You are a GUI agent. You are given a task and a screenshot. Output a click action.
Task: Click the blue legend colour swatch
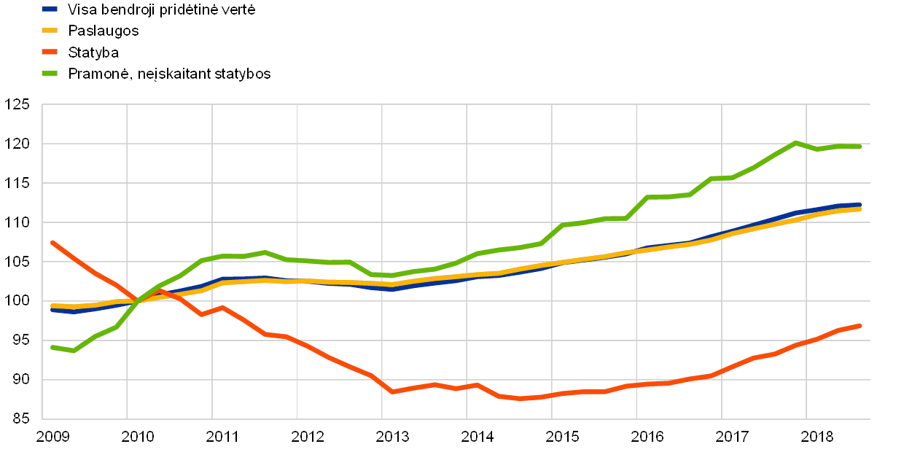[50, 9]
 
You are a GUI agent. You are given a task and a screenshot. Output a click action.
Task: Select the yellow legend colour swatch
[50, 31]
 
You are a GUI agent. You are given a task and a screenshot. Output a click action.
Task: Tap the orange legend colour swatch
[50, 52]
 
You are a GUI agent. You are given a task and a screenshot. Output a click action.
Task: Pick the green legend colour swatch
[50, 73]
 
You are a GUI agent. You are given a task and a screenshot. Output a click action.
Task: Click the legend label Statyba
[94, 52]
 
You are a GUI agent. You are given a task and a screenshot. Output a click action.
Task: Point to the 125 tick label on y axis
[17, 104]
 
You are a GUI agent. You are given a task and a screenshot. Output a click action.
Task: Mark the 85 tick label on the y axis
[20, 418]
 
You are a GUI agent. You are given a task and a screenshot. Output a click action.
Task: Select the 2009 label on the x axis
[52, 436]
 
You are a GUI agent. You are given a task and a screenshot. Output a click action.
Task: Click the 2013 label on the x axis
[392, 436]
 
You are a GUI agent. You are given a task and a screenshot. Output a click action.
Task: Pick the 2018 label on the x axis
[817, 436]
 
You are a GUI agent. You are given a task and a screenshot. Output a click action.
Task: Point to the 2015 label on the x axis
[562, 436]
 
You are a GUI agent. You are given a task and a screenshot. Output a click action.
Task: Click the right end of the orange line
[860, 325]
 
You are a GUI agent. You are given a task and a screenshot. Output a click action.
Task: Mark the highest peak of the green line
[795, 142]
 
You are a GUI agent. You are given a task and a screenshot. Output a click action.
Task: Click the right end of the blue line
[860, 205]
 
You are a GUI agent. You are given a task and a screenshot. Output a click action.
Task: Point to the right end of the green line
[860, 147]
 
